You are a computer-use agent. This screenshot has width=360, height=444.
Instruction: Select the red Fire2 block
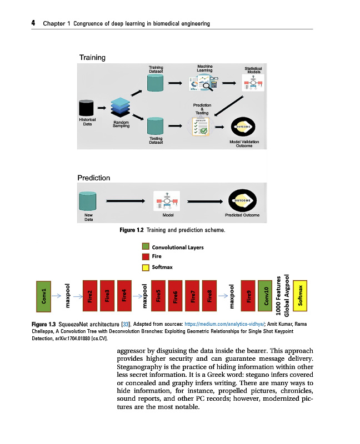(89, 296)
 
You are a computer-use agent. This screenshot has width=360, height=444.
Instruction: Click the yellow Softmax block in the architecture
(301, 296)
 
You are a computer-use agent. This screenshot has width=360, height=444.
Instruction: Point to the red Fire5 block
(158, 296)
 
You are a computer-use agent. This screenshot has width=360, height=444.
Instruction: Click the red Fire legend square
(146, 257)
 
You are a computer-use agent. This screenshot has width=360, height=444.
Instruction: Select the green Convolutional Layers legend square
(146, 247)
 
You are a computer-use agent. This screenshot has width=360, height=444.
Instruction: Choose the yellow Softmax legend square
(146, 268)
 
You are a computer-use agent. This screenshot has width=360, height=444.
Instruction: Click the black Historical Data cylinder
(86, 108)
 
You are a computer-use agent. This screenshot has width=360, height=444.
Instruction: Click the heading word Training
(92, 58)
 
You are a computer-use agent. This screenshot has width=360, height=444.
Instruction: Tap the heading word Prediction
(94, 178)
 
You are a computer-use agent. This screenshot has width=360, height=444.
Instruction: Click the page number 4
(33, 23)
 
